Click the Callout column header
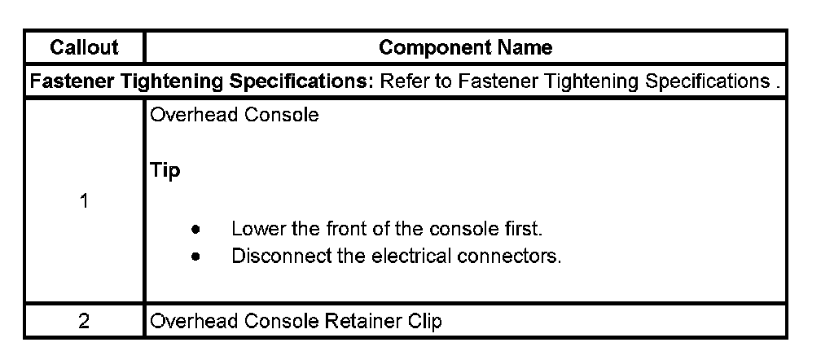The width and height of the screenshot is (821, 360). pyautogui.click(x=84, y=48)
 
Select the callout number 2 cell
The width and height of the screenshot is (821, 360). pyautogui.click(x=84, y=321)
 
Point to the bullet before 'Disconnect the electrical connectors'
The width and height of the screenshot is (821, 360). pyautogui.click(x=196, y=257)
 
